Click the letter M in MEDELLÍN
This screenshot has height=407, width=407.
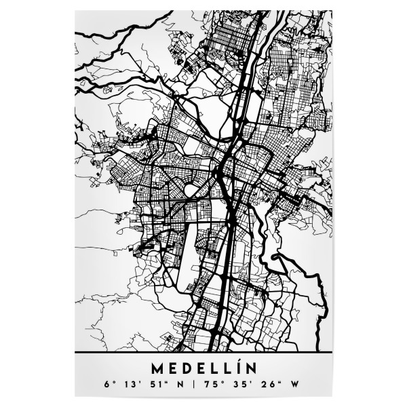coord(158,370)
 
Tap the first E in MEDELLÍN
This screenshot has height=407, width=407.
coord(173,370)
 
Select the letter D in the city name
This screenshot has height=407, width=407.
coord(187,370)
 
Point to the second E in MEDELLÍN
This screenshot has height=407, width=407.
coord(201,370)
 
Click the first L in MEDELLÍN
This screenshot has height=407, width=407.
coord(214,370)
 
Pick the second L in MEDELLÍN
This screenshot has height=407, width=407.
coord(227,370)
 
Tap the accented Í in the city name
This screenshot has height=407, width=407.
coord(237,370)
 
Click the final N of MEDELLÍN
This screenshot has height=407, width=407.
coord(249,370)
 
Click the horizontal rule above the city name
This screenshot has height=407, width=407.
coord(203,354)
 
